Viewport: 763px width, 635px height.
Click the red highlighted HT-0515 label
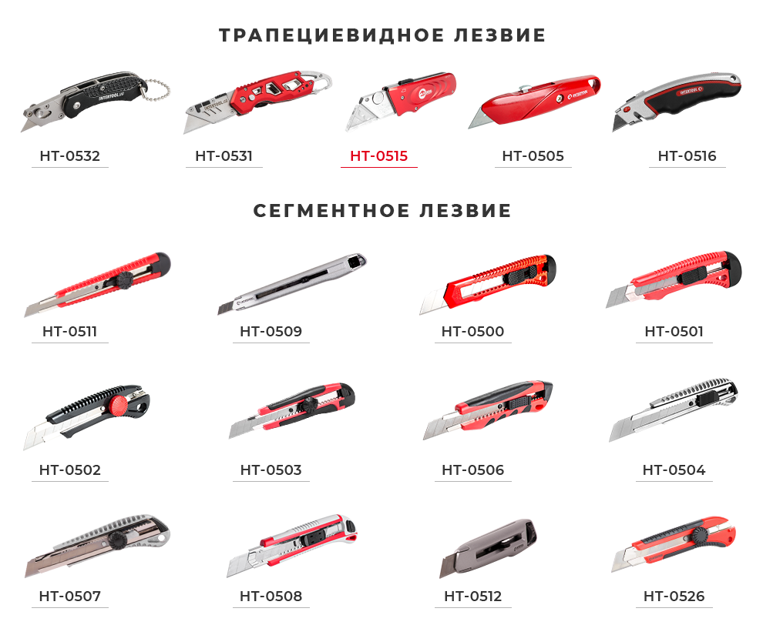(x=378, y=156)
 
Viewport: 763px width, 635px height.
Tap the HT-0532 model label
(x=69, y=156)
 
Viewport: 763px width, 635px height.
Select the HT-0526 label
(x=674, y=597)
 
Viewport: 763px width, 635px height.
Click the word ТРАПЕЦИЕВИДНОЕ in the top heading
(x=331, y=35)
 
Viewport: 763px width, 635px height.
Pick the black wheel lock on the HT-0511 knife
(x=126, y=280)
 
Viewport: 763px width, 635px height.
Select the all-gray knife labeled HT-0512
(x=488, y=547)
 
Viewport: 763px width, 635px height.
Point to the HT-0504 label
(x=674, y=470)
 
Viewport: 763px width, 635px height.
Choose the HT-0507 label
(x=69, y=597)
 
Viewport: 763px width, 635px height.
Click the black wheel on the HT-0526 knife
(x=701, y=536)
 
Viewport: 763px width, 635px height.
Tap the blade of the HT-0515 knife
(x=367, y=112)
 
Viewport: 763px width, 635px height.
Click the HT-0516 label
(x=687, y=156)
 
